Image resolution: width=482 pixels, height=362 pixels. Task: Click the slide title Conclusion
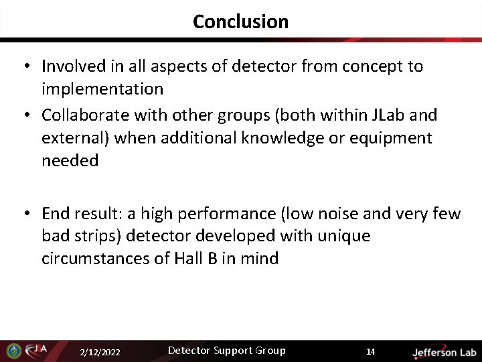click(240, 21)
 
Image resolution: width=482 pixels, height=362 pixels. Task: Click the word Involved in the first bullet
click(74, 66)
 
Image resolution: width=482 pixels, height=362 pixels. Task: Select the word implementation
click(102, 89)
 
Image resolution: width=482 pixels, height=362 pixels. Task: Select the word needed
click(70, 161)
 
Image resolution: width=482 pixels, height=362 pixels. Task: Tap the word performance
click(218, 214)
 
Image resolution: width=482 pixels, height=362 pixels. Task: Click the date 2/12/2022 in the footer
click(100, 352)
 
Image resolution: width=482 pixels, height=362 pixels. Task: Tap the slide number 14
click(370, 352)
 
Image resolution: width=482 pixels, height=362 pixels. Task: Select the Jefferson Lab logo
click(444, 352)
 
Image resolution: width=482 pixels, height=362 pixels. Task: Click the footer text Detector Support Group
click(226, 351)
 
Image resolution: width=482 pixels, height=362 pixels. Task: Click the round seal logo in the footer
click(13, 351)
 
